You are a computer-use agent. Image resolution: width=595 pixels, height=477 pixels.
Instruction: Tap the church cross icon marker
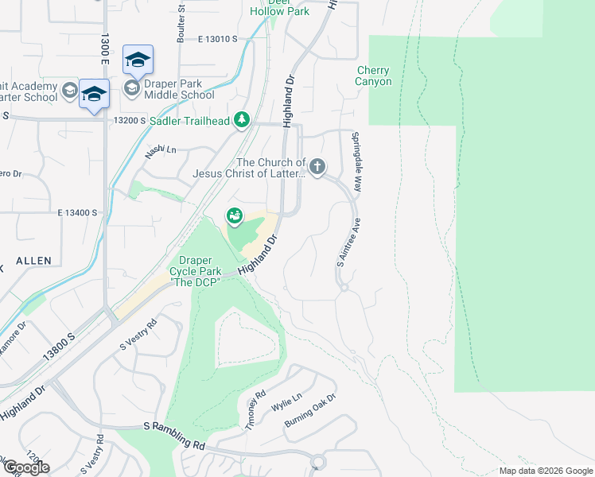point(317,167)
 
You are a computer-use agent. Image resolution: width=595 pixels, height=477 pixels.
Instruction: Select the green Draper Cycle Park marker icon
point(234,215)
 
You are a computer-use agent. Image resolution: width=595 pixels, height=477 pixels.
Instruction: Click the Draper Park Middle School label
point(179,89)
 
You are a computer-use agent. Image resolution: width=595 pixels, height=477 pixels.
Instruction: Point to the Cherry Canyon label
point(374,76)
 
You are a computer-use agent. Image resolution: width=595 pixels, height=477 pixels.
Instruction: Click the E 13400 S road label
point(76,213)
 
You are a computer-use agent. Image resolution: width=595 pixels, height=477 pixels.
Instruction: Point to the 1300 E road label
point(105,48)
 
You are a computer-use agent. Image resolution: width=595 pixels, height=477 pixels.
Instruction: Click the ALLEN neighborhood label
point(33,261)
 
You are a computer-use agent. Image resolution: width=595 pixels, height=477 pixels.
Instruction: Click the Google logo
point(26,467)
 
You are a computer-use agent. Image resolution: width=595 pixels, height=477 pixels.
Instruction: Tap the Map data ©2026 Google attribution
point(545,471)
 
